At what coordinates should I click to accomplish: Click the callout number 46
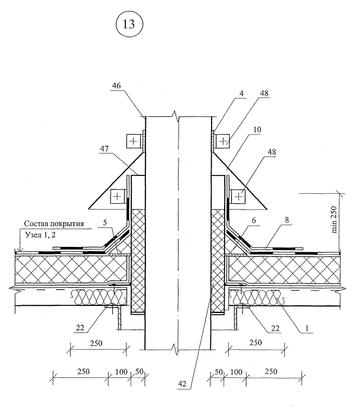[117, 86]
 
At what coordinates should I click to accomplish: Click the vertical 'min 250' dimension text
[335, 220]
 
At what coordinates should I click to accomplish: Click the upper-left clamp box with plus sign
[133, 142]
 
